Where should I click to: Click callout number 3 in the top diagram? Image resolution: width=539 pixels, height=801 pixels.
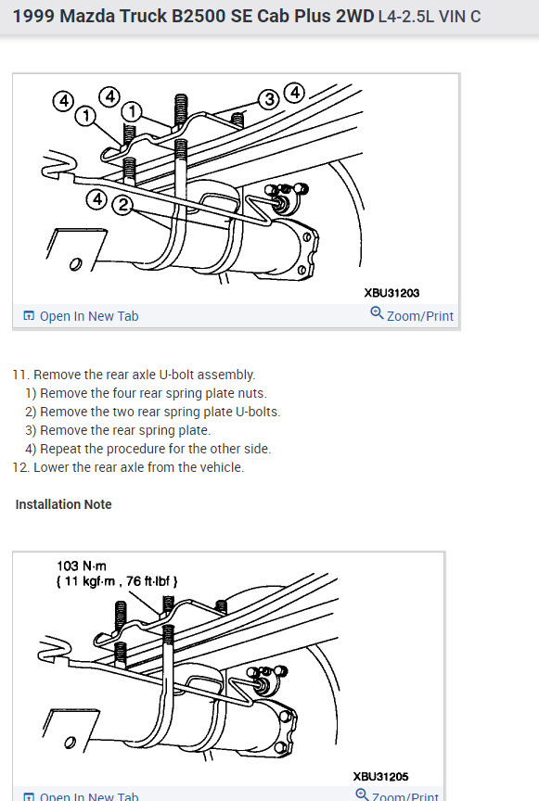click(x=269, y=99)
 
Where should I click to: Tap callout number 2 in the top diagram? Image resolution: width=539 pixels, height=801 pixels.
click(x=122, y=206)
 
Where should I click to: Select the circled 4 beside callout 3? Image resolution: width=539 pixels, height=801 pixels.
click(x=295, y=93)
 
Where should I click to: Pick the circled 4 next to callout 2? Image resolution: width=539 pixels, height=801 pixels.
click(x=97, y=198)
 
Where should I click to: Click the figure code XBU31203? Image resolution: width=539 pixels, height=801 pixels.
click(x=391, y=293)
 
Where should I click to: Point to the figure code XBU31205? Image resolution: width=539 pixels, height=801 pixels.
click(x=380, y=777)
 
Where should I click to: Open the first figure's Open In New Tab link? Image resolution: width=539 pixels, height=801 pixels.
click(x=81, y=316)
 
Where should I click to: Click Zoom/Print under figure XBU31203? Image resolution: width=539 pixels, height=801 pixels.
click(x=420, y=316)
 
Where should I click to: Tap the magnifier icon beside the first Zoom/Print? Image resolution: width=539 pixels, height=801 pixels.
click(x=377, y=312)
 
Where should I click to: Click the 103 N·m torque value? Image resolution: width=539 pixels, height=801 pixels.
click(x=82, y=566)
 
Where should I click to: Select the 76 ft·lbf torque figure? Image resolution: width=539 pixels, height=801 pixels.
click(x=148, y=581)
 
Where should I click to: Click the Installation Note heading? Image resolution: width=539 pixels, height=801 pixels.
click(x=63, y=504)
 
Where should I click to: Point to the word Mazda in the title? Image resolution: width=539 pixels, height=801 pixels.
click(x=87, y=17)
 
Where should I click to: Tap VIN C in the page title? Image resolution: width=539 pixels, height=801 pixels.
click(x=460, y=17)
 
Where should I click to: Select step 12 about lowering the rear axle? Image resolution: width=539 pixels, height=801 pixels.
click(x=128, y=467)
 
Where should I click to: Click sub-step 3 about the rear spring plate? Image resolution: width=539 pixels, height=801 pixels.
click(x=118, y=430)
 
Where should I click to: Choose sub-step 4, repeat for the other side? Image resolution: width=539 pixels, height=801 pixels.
click(x=148, y=449)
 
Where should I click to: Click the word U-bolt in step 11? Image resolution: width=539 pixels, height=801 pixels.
click(x=176, y=375)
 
